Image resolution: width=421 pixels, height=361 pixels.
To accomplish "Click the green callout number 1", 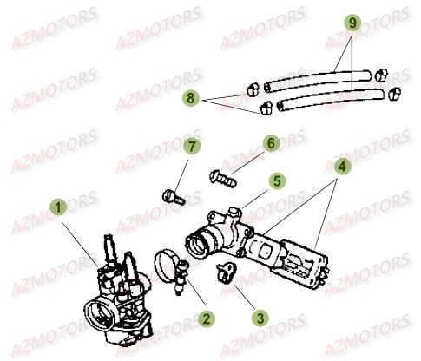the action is click(58, 207).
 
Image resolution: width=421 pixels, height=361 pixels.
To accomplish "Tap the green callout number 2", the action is click(207, 318).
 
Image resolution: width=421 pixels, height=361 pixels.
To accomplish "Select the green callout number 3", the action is click(260, 318).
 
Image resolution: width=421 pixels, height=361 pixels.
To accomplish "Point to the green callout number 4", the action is click(342, 167).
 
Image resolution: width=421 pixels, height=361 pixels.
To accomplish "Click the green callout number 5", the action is click(277, 181).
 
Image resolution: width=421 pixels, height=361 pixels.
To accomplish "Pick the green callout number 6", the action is click(271, 143).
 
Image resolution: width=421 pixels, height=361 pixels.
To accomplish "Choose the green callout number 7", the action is click(192, 147).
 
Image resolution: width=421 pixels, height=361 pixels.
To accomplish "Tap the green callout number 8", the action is click(190, 98).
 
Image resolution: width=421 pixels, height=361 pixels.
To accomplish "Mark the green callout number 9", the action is click(352, 23).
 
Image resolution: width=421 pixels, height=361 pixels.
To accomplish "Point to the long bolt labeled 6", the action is click(223, 178).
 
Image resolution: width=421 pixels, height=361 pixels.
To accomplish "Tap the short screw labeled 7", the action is click(173, 197).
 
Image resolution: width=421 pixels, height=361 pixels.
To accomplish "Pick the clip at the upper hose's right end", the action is click(381, 75).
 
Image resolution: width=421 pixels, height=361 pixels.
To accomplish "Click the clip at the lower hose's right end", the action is click(394, 94).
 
